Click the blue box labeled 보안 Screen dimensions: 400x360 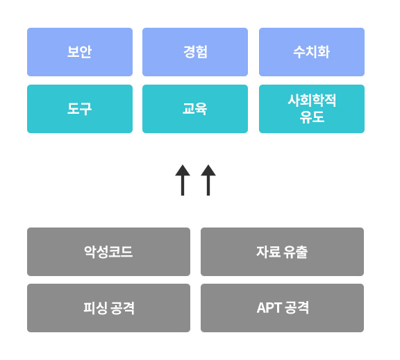coord(80,52)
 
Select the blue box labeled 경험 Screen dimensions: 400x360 coord(195,52)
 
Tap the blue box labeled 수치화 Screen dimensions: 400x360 coord(312,52)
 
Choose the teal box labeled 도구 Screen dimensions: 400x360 coord(80,109)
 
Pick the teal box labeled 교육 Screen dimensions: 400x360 coord(195,109)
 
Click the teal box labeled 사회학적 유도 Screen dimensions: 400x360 coord(312,109)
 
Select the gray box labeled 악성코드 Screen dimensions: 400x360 coord(108,252)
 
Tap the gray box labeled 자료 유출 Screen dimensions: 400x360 coord(282,252)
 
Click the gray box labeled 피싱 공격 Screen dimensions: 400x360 coord(108,308)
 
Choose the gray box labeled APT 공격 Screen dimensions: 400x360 coord(282,308)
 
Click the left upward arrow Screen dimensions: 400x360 coord(183,180)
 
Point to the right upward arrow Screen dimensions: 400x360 coord(208,180)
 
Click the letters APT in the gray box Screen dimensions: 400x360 coord(269,308)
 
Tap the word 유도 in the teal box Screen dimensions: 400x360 coord(312,117)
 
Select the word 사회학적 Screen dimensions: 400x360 coord(312,100)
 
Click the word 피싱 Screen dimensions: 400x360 coord(95,308)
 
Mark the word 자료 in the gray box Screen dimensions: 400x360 coord(268,252)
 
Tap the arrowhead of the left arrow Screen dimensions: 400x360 coord(183,170)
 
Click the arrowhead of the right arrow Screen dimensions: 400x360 coord(208,170)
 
